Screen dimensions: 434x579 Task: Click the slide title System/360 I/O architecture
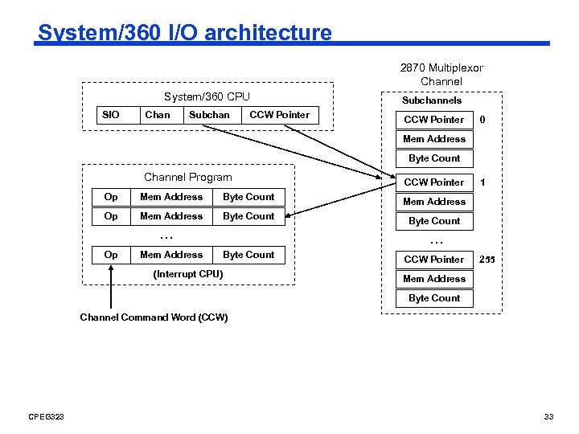point(184,33)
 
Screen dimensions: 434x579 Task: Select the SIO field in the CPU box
point(111,115)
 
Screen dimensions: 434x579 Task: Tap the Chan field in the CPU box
point(157,115)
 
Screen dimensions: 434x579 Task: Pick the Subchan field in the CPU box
point(209,115)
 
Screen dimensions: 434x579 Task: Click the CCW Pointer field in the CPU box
point(279,115)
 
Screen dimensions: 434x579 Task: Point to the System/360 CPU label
point(207,97)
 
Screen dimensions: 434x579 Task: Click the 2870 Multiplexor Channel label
point(441,75)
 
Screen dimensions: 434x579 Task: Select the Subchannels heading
point(432,100)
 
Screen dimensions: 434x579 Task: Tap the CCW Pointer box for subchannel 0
point(434,120)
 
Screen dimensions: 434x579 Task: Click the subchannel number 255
point(487,260)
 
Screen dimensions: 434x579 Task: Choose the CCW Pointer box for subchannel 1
point(434,182)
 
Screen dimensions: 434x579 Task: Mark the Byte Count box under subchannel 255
point(434,298)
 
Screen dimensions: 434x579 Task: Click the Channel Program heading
point(187,178)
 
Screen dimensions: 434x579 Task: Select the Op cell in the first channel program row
point(111,197)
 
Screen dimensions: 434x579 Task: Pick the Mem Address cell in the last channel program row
point(171,255)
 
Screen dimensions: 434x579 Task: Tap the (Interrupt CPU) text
point(187,274)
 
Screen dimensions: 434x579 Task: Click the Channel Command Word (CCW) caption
point(154,317)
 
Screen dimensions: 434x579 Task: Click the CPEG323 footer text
point(46,416)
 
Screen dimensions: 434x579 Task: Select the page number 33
point(549,416)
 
